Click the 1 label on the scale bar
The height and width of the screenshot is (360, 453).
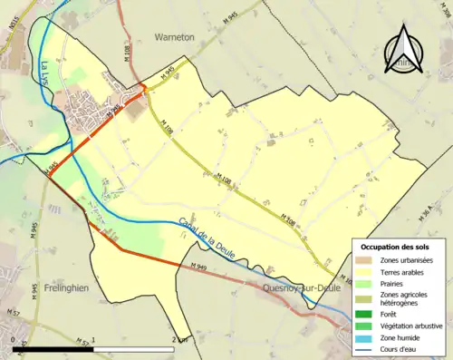(x=94, y=339)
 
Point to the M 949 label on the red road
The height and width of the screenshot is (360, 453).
(x=199, y=267)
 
